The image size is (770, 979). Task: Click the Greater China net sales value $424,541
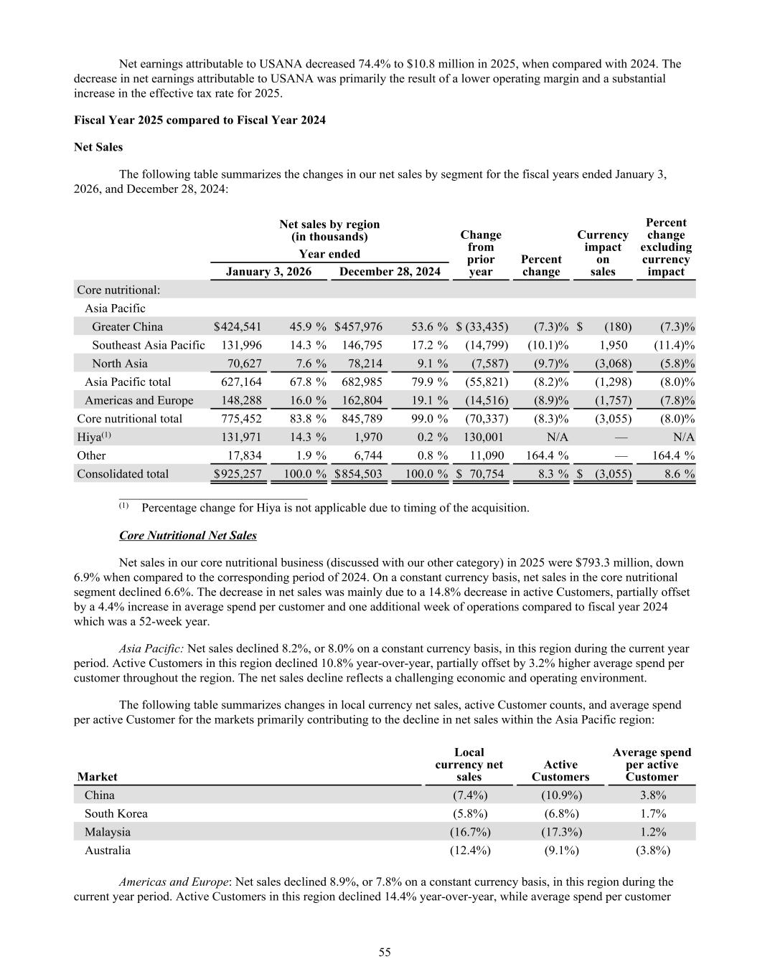(238, 327)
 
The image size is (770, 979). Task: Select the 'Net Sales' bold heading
(98, 147)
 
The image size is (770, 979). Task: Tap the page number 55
(385, 952)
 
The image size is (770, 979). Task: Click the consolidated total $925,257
(238, 474)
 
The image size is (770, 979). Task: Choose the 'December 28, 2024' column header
(390, 272)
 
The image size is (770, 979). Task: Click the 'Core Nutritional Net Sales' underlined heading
(187, 536)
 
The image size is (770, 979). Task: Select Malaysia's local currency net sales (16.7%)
(469, 832)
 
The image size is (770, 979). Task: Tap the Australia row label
(108, 851)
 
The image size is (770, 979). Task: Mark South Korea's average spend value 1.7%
(652, 813)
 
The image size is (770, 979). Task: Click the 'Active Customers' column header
(560, 771)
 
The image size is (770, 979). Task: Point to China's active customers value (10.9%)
(560, 795)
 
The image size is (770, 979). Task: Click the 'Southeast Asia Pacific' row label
(148, 345)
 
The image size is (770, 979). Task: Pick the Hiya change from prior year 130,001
(483, 437)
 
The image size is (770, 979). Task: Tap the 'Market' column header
(97, 777)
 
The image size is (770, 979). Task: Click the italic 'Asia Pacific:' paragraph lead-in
(151, 649)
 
